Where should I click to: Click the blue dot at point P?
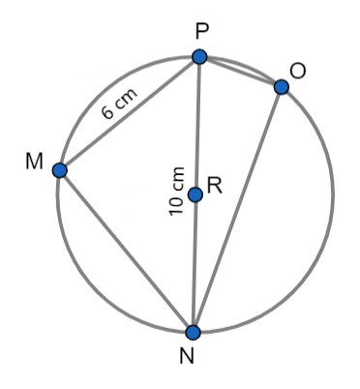199,57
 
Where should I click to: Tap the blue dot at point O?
281,87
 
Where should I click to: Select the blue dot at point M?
60,170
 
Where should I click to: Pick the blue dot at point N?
194,332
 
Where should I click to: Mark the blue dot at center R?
195,194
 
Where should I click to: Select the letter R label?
216,187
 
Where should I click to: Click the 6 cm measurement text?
119,105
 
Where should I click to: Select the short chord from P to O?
240,72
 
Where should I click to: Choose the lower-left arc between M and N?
97,281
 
